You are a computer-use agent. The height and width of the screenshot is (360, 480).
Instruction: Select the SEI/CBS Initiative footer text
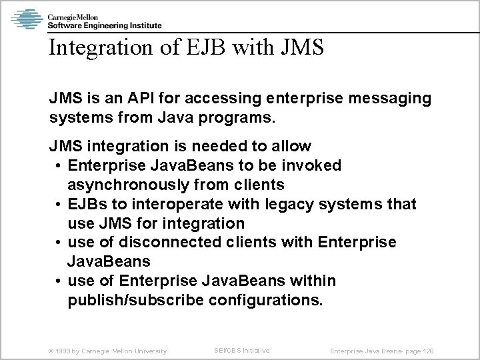pyautogui.click(x=241, y=350)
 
